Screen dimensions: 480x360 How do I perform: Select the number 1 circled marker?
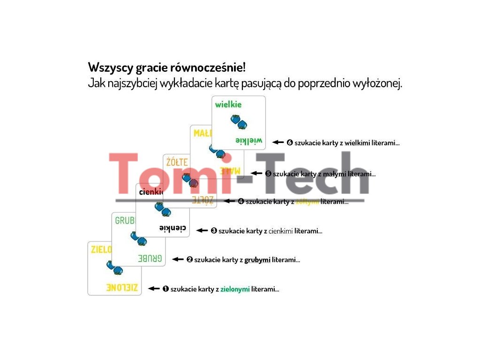(165, 289)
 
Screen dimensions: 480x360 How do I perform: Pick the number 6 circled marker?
(290, 142)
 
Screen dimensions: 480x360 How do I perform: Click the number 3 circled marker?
(214, 231)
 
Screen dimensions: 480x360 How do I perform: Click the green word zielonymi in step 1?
(235, 289)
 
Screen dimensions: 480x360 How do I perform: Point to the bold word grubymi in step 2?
(257, 260)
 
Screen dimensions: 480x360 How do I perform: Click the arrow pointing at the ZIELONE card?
(154, 289)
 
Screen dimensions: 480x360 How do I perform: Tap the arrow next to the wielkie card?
(278, 142)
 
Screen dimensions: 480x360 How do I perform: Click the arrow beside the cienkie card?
(202, 231)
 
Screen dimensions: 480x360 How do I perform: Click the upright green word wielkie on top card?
(228, 105)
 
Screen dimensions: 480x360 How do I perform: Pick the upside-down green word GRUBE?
(150, 258)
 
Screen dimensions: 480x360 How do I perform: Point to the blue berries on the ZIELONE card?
(114, 268)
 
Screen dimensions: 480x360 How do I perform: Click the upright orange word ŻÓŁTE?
(177, 163)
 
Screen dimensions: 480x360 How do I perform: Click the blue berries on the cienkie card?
(163, 210)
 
